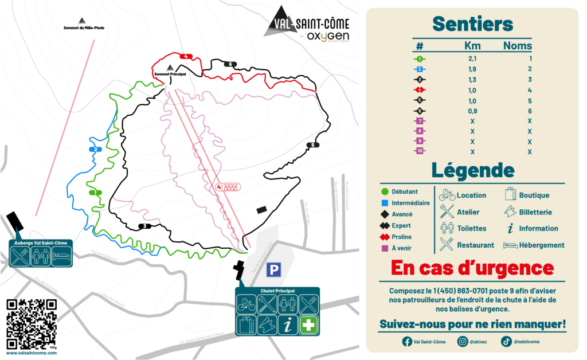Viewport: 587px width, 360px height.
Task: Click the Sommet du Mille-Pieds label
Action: point(84,28)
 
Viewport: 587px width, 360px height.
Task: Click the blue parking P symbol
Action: point(275,269)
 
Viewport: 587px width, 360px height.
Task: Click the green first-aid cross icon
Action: point(308,324)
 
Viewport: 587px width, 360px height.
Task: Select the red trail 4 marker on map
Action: point(186,56)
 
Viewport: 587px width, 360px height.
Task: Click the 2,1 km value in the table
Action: point(472,58)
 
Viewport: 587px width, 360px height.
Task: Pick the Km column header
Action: point(472,46)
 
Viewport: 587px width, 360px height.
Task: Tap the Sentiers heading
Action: point(472,24)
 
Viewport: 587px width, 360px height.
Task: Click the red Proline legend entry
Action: point(401,237)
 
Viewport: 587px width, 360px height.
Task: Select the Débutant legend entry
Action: point(404,191)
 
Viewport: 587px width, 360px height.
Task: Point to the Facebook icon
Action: point(406,342)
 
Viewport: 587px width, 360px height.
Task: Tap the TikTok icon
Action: point(506,342)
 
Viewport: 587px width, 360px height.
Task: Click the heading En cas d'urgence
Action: point(472,268)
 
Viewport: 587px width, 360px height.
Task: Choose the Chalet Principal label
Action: point(277,291)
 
